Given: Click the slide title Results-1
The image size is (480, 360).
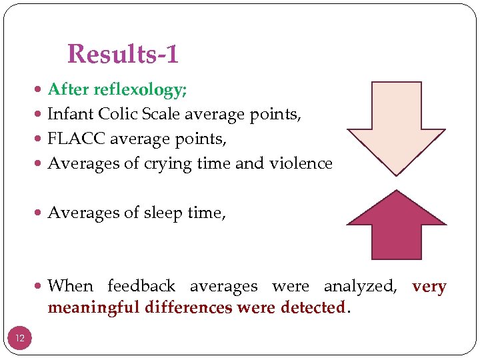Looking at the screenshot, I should click(123, 54).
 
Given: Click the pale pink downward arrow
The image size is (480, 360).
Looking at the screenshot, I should click(396, 127).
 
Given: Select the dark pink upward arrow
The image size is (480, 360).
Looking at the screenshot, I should click(396, 227).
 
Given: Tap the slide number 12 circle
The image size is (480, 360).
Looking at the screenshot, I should click(20, 338).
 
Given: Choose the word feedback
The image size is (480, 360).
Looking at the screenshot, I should click(141, 287).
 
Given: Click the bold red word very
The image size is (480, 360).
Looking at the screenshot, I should click(429, 287).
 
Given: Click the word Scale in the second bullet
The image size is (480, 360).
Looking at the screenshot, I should click(161, 114).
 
